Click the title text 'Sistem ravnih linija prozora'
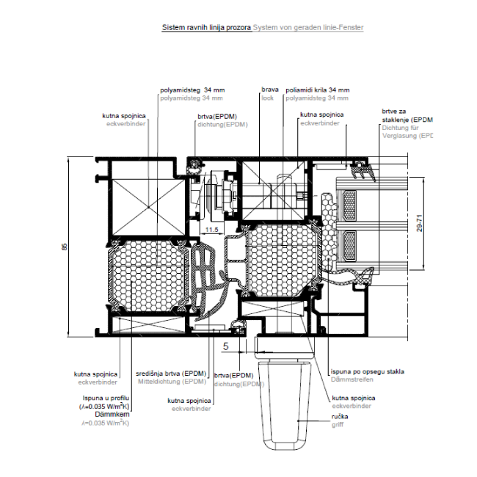click(x=206, y=27)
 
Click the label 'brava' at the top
click(x=269, y=90)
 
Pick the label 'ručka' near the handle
click(x=339, y=416)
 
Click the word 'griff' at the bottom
click(x=336, y=423)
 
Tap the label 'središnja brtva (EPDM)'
click(x=172, y=374)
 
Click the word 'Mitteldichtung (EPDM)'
click(x=172, y=381)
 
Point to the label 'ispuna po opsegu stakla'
click(x=367, y=371)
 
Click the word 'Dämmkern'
click(x=108, y=414)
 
